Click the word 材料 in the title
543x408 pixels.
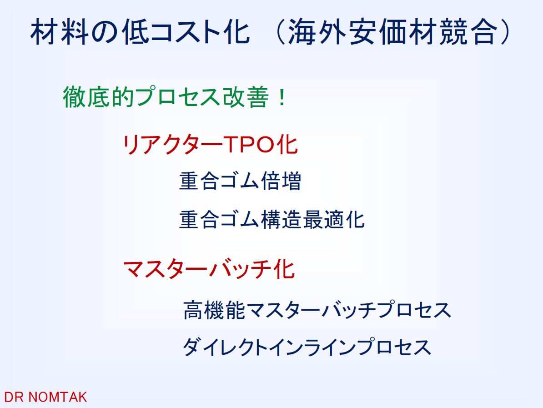click(59, 32)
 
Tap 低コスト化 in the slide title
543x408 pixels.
click(185, 32)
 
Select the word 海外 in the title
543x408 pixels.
click(317, 32)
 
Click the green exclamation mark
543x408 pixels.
click(282, 97)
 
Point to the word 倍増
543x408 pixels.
click(281, 181)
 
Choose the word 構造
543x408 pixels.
click(281, 219)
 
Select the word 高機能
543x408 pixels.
click(214, 309)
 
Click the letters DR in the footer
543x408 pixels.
click(14, 397)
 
